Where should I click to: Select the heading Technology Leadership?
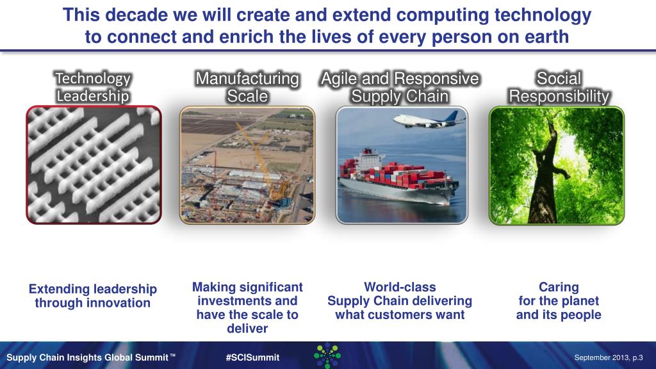[x=92, y=87]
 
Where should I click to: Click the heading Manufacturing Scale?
[x=247, y=87]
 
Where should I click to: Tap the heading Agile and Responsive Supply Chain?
[x=400, y=87]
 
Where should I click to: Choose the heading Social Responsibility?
[x=558, y=87]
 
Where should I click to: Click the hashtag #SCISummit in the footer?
[x=252, y=357]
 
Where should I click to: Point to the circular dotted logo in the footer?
[x=327, y=355]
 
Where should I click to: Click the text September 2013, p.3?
[x=609, y=357]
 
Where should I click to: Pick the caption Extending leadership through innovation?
[x=92, y=296]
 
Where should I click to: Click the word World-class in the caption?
[x=399, y=287]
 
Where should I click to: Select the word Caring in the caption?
[x=558, y=287]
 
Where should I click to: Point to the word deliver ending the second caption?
[x=247, y=329]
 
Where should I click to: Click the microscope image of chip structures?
[x=94, y=165]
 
